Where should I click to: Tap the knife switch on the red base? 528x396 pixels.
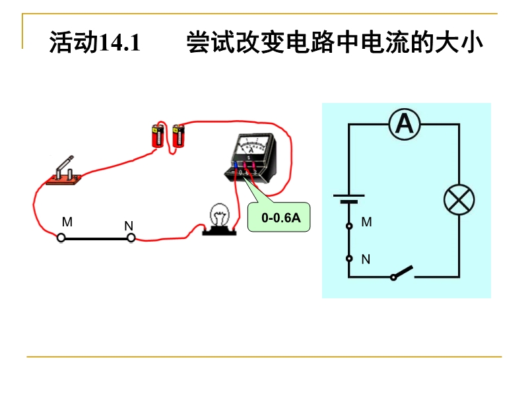(x=65, y=172)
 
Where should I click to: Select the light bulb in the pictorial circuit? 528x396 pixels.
(x=218, y=217)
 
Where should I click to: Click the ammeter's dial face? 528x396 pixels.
(x=251, y=145)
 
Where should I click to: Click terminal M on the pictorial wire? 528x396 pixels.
(x=61, y=237)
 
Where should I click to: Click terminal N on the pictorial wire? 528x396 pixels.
(x=131, y=237)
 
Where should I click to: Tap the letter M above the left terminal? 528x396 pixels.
(x=67, y=222)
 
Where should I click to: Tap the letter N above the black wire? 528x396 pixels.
(x=129, y=226)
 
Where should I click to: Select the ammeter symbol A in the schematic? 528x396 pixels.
(x=404, y=123)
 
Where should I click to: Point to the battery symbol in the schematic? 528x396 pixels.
(x=348, y=199)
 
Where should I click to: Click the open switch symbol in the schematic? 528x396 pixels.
(x=402, y=273)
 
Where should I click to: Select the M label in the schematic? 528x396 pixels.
(x=367, y=223)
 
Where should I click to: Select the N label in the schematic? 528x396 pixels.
(x=366, y=259)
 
